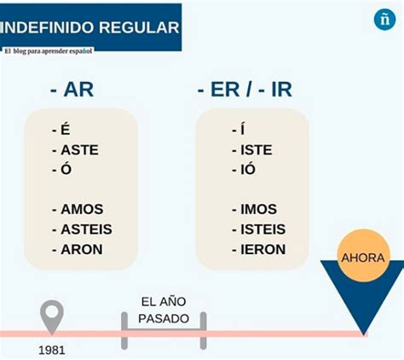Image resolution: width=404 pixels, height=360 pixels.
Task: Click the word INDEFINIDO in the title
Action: pos(48,27)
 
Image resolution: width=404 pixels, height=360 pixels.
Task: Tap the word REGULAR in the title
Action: pos(139,27)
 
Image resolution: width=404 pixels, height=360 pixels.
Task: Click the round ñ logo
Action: pos(384,20)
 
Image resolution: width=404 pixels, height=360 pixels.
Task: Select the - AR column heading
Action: pos(72,90)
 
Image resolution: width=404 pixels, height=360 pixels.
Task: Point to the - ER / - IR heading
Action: pos(245,90)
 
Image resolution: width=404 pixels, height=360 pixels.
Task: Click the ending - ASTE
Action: pos(75,150)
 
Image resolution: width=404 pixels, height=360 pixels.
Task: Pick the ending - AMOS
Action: pos(78,209)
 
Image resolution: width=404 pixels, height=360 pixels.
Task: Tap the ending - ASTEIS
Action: pos(82,229)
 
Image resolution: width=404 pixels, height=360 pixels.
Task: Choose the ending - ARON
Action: pos(78,249)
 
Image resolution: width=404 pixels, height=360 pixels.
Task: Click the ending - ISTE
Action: pos(252,150)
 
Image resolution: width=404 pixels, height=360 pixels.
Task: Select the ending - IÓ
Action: pos(244,169)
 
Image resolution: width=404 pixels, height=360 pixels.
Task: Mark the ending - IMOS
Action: pos(254,209)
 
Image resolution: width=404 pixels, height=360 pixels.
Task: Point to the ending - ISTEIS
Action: pos(259,229)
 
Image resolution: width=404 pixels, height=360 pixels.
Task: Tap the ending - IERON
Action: pos(259,249)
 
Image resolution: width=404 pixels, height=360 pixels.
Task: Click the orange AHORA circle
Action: pos(363,256)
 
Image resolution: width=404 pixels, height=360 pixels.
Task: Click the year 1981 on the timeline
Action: pos(52,351)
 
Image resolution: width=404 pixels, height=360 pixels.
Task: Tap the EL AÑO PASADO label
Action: pos(164,310)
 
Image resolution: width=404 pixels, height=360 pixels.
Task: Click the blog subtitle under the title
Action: pos(49,51)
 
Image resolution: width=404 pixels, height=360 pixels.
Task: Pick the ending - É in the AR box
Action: pos(61,130)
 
